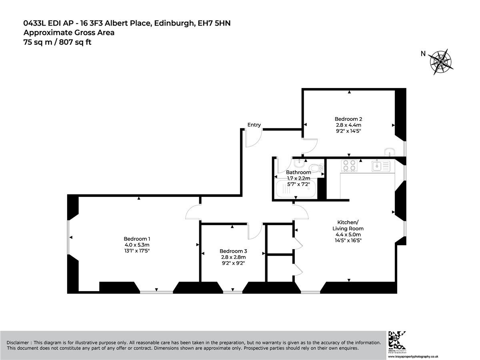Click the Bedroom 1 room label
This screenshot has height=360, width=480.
pos(137,239)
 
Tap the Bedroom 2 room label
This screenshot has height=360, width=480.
pos(348,119)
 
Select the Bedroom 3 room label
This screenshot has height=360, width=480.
pos(233,251)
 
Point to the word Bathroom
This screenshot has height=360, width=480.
pos(298,172)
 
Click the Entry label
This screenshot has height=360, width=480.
pos(254,124)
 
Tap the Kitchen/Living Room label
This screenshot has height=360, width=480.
pos(348,225)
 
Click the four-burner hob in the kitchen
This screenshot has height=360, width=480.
pos(349,166)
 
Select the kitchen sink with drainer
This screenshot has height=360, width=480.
pos(381,166)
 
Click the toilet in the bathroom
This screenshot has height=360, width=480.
pos(318,168)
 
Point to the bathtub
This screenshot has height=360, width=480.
pos(296,189)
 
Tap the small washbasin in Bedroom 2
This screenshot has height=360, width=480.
pos(389,152)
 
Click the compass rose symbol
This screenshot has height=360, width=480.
pos(440,62)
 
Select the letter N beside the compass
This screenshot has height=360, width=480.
pos(423,54)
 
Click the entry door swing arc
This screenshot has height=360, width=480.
pos(258,142)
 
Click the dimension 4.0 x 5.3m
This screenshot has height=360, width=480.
pos(137,245)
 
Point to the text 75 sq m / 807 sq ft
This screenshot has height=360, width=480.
pos(57,42)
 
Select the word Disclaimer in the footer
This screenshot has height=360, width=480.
pos(18,342)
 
